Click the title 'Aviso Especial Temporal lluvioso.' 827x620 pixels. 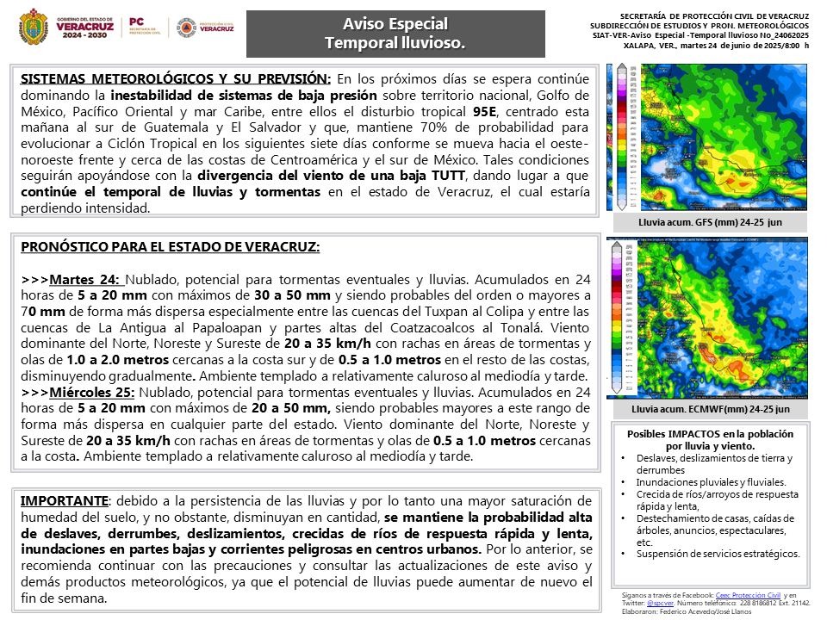tap(395, 34)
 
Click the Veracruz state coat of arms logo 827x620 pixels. tap(34, 27)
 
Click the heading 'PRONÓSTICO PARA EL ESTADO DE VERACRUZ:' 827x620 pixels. tap(170, 247)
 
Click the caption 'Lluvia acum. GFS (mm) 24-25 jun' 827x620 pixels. tap(710, 223)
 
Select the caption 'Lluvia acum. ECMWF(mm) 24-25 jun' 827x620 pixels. tap(710, 410)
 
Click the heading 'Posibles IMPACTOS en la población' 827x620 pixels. tap(709, 434)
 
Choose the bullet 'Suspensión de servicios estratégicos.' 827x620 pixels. tap(718, 554)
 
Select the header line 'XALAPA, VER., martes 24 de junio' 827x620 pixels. tap(715, 45)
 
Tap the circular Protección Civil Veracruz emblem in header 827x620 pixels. tap(185, 27)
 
